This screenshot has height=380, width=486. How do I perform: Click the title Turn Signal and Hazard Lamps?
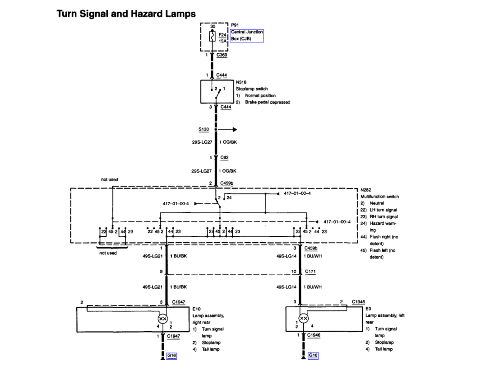[x=126, y=14]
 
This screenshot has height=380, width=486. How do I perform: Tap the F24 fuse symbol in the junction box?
[x=212, y=37]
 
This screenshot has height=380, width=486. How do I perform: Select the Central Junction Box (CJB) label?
[x=246, y=35]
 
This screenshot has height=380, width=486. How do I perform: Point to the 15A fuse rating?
[x=222, y=41]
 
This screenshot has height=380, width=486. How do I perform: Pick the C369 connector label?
[x=222, y=55]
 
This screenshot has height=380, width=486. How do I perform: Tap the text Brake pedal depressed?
[x=267, y=102]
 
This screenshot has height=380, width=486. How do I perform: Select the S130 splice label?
[x=204, y=129]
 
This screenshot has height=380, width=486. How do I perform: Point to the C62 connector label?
[x=224, y=157]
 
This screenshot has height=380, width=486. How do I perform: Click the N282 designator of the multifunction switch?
[x=366, y=190]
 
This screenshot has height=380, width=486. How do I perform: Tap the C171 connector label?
[x=310, y=271]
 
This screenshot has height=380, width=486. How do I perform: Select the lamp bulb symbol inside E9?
[x=304, y=319]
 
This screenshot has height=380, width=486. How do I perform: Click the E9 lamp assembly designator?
[x=369, y=309]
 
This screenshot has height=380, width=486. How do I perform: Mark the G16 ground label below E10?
[x=171, y=356]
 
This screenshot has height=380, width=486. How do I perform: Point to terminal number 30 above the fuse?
[x=213, y=26]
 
